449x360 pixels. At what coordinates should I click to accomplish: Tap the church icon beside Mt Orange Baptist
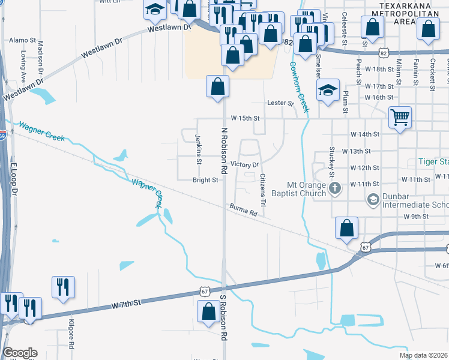coord(336,189)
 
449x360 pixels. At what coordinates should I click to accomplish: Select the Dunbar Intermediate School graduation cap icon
coord(373,199)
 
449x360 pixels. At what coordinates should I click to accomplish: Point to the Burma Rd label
coord(243,210)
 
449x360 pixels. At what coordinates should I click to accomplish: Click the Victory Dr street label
coord(244,164)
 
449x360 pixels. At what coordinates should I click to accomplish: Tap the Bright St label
coord(205,180)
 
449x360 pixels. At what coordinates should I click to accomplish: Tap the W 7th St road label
coord(125,304)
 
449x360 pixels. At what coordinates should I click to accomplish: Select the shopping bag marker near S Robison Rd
coord(208,311)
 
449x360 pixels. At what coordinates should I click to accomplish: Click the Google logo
coord(20,353)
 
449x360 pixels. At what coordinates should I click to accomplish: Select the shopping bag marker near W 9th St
coord(347,228)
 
